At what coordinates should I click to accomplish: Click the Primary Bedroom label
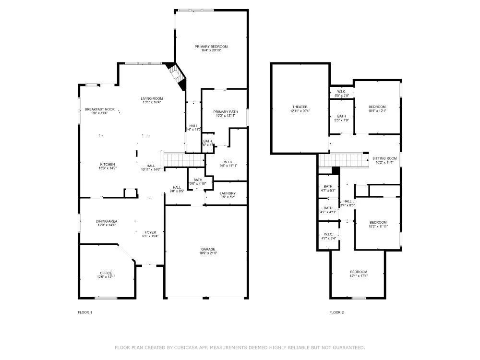211,47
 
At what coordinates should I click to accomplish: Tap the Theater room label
300,107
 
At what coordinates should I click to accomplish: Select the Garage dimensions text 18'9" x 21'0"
207,253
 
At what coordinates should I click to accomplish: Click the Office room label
106,273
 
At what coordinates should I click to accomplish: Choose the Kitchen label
107,164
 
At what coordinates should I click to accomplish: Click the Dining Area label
106,221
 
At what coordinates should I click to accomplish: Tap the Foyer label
150,232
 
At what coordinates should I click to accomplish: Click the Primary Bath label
224,112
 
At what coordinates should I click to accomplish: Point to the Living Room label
151,98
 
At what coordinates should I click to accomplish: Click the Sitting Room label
384,158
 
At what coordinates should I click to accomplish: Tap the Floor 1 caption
84,312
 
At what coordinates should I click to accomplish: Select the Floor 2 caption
336,312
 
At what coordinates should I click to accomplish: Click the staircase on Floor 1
178,159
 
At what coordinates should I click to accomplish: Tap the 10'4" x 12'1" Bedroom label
377,107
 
